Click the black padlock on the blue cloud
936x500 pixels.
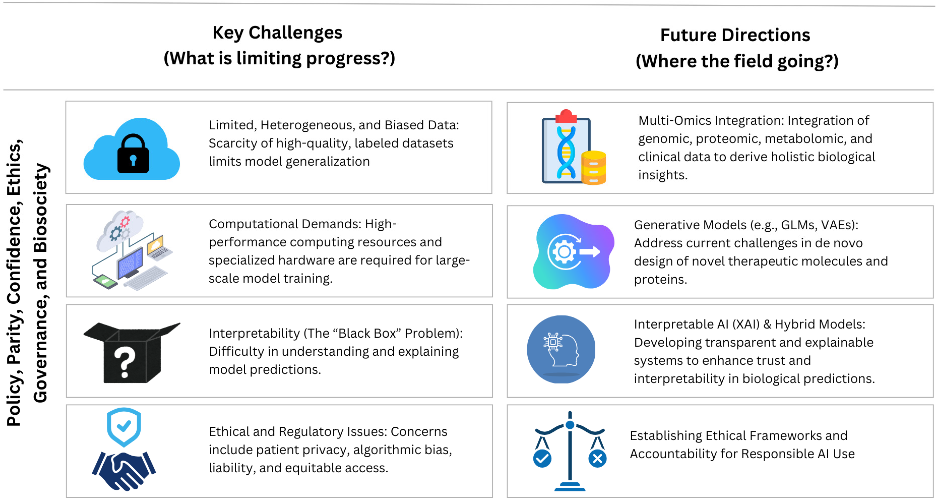133,154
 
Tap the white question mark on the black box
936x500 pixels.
125,362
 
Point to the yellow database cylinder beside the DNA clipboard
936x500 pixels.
593,168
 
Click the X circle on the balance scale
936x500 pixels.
597,459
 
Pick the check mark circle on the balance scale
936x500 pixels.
542,459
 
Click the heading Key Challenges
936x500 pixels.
277,33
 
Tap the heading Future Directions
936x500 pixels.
735,35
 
